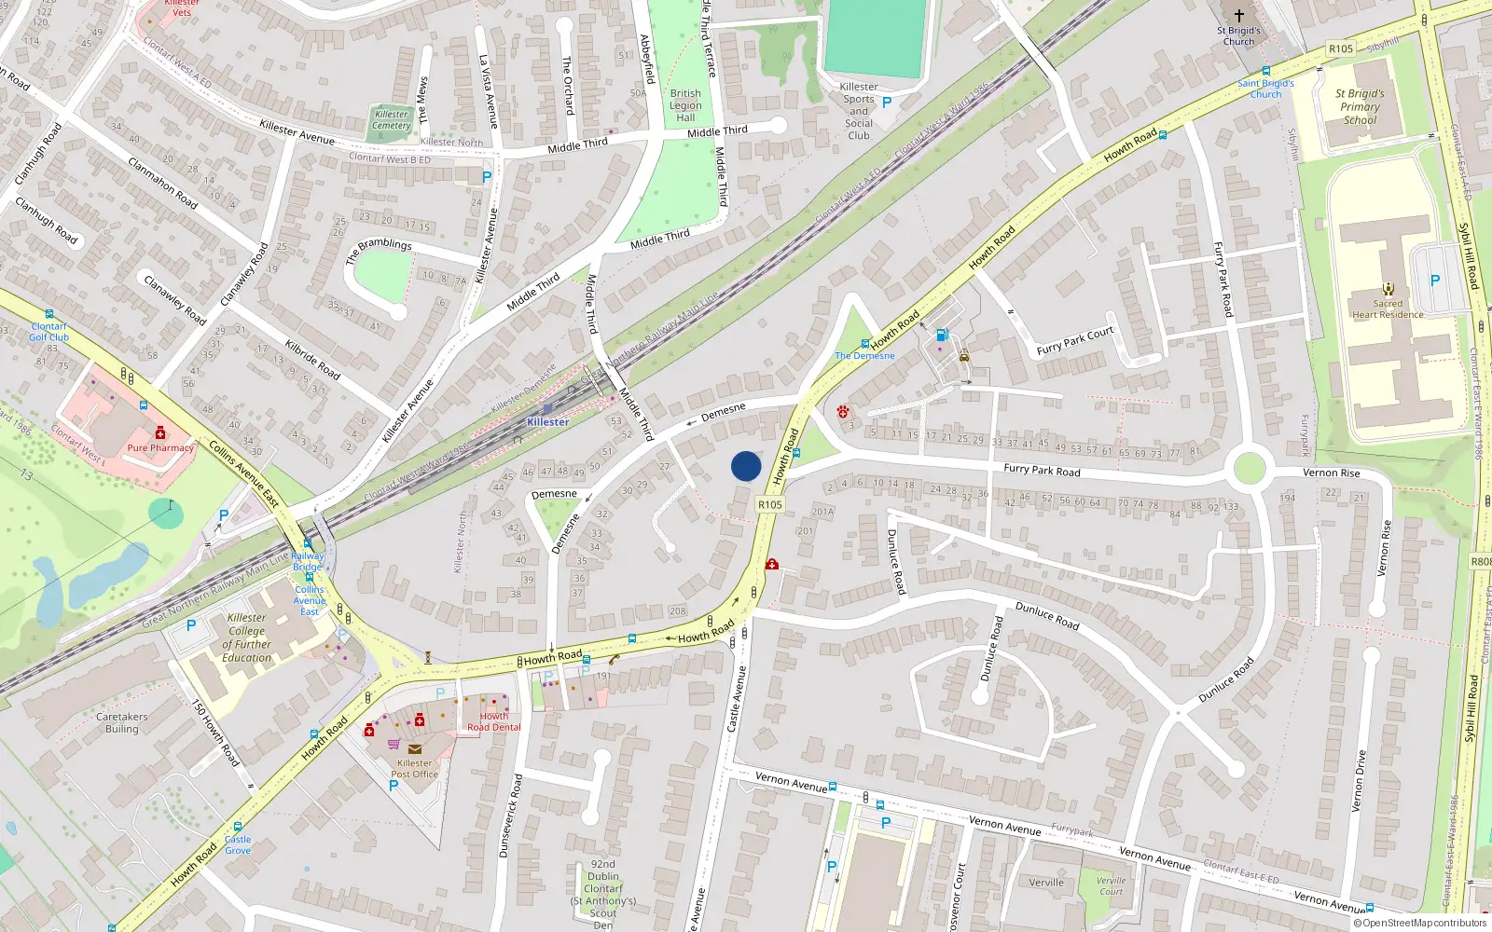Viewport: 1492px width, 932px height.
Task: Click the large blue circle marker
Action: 746,466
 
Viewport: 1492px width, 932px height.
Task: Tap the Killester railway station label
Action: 547,422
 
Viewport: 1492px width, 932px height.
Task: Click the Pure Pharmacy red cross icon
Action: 160,432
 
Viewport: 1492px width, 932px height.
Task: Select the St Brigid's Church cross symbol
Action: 1238,16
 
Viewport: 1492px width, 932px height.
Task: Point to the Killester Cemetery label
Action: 392,120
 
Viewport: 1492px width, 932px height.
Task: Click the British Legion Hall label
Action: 685,105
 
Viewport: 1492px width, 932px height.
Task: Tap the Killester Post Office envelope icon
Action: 415,748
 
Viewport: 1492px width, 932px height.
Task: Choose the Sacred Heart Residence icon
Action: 1388,289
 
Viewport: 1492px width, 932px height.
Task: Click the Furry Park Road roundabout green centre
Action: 1250,468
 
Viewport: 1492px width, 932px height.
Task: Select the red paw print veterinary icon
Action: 843,411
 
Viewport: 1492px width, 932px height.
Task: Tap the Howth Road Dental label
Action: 494,721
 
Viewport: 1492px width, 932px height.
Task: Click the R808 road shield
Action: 1480,562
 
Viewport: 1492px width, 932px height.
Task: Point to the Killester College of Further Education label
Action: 247,637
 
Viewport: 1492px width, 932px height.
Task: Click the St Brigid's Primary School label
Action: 1360,106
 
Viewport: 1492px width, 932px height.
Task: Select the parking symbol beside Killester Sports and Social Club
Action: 887,103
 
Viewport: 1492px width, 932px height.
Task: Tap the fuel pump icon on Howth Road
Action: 942,336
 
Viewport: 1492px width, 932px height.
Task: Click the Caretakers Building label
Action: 122,723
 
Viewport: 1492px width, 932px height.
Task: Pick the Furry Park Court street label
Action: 1075,341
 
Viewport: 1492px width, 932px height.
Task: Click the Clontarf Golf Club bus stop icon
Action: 49,315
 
